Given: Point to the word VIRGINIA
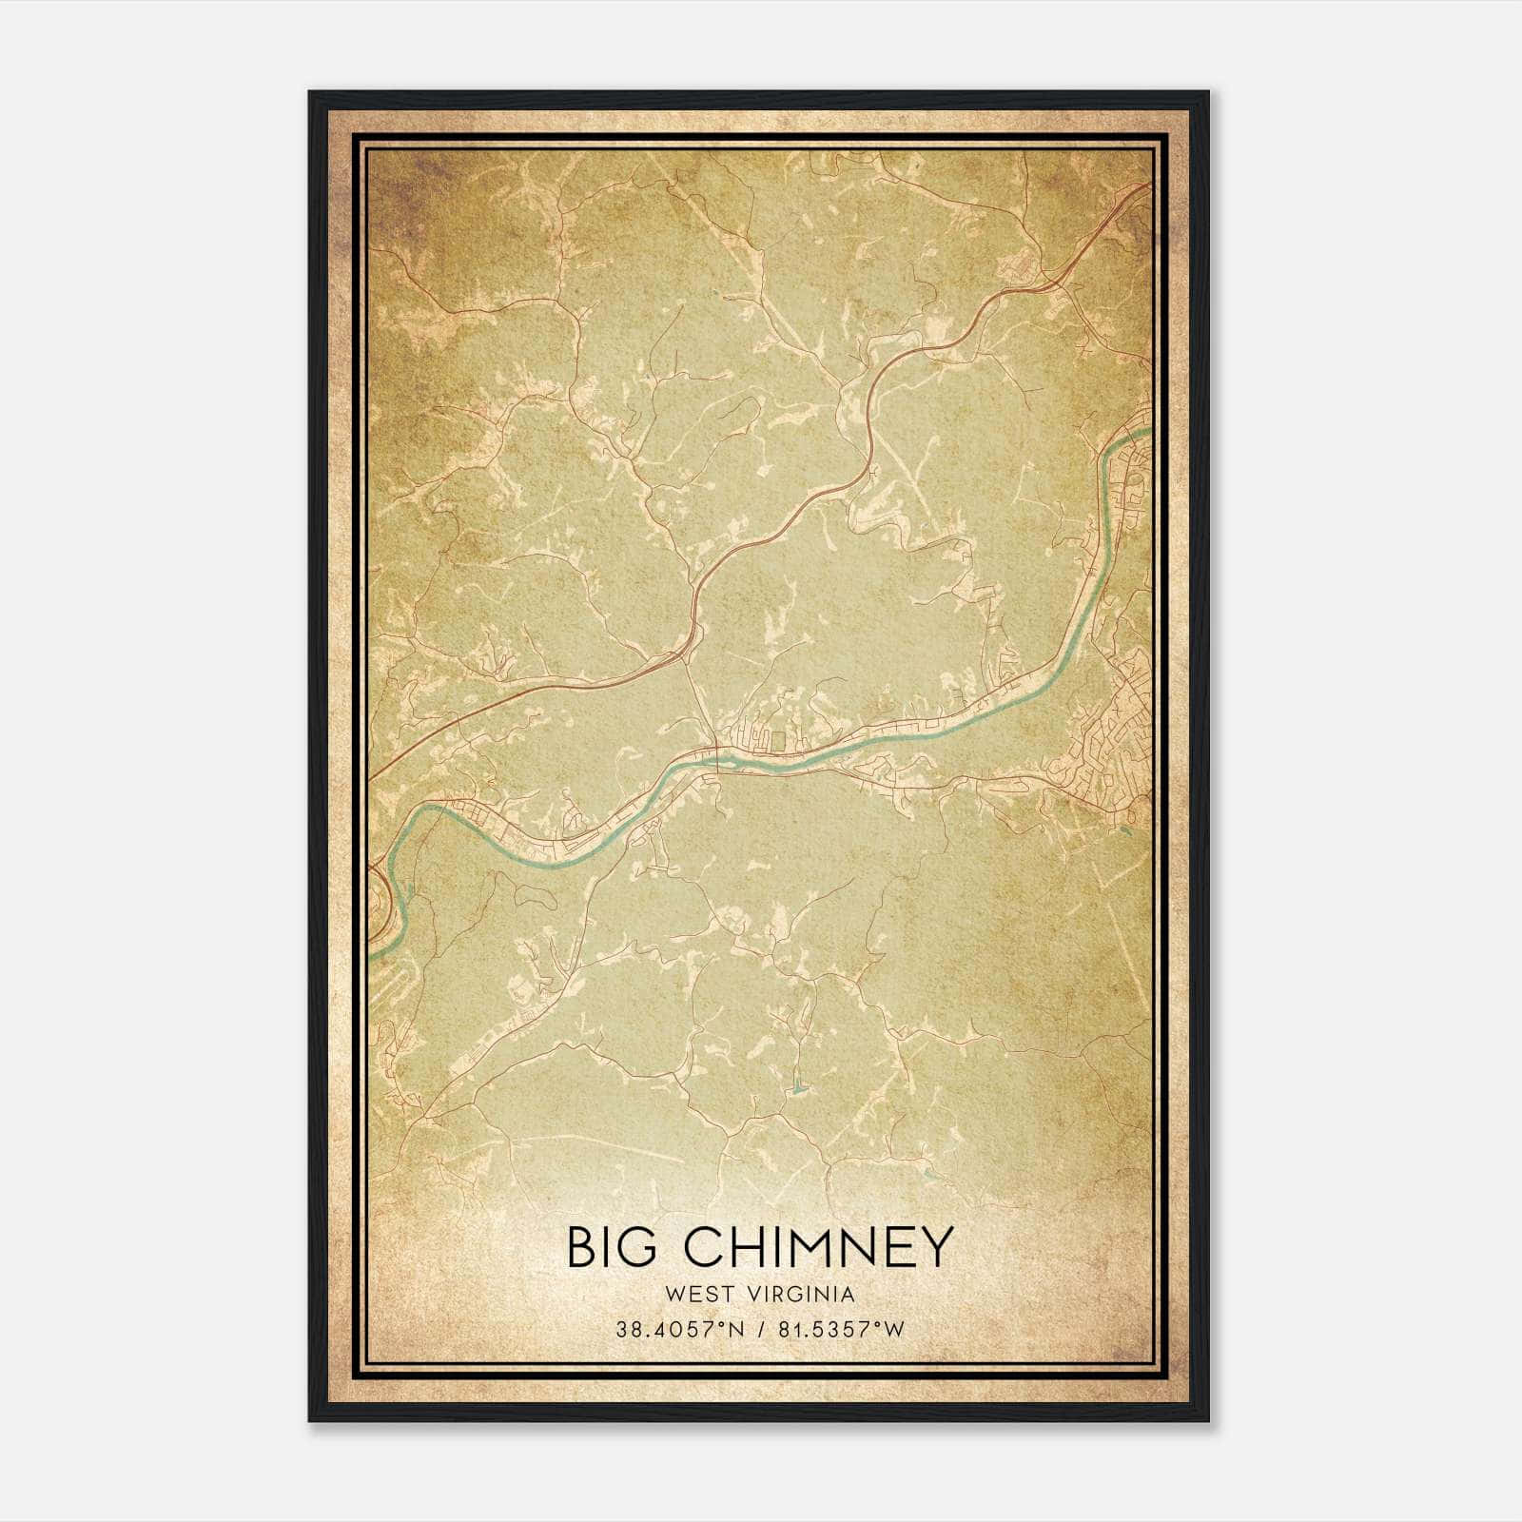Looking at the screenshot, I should tap(804, 1295).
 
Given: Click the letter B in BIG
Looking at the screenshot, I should tap(580, 1247).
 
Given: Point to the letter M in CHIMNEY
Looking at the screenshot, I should tap(805, 1247).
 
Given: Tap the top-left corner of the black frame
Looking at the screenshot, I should tap(310, 92).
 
